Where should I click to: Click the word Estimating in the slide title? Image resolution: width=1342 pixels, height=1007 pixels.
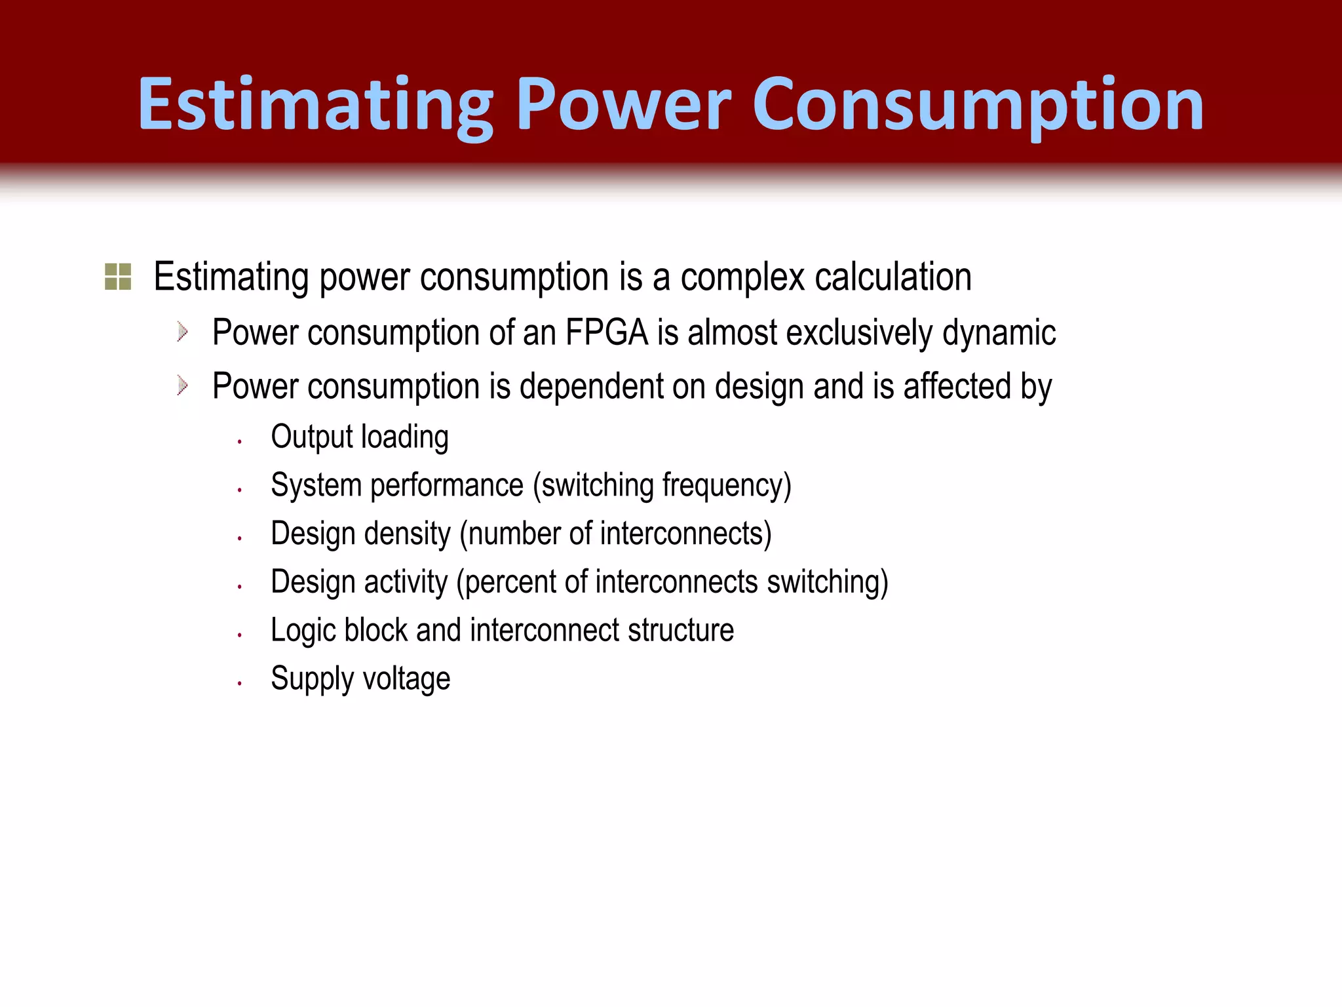(315, 105)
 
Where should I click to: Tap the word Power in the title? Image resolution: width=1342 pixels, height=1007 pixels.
(623, 105)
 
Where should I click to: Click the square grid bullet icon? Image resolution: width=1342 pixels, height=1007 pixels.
(118, 277)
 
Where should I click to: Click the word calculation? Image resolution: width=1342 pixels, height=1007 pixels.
(893, 277)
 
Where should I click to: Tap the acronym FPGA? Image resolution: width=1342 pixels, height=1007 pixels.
(606, 332)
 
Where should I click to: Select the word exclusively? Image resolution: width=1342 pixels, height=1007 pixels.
(858, 332)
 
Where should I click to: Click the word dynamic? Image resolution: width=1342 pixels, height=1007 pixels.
(999, 332)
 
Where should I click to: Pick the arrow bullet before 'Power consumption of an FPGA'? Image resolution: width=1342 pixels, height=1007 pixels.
(183, 332)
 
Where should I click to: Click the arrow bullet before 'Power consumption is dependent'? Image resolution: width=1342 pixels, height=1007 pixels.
(183, 385)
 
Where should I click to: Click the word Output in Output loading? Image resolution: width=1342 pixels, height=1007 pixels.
(311, 437)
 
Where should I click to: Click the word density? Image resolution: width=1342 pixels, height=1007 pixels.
(408, 534)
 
